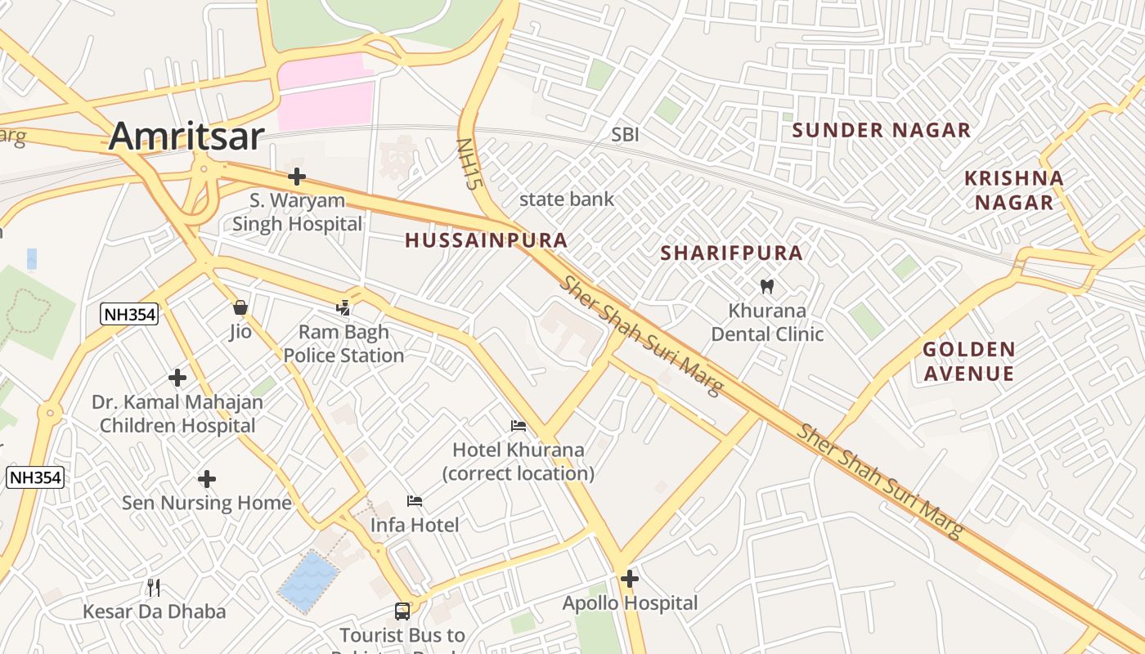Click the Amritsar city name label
pos(186,136)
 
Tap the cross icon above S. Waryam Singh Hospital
pos(297,177)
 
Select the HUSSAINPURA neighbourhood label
pos(486,240)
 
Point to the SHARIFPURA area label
pos(731,253)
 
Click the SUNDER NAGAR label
pos(881,130)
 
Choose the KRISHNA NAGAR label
pos(1013,190)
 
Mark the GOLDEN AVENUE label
pos(968,361)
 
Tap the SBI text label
pos(625,135)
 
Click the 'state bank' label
pos(566,199)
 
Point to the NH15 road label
pos(466,163)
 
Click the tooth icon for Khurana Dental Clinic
pos(766,286)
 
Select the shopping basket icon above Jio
pos(240,308)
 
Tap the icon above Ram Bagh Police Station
pos(343,308)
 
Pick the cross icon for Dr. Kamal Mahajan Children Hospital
pos(177,378)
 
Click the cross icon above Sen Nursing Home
pos(207,478)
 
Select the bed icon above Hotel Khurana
pos(518,426)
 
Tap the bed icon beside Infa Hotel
pos(415,500)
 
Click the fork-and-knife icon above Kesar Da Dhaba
pos(154,586)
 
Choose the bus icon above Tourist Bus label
pos(402,611)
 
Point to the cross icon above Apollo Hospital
pos(629,579)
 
